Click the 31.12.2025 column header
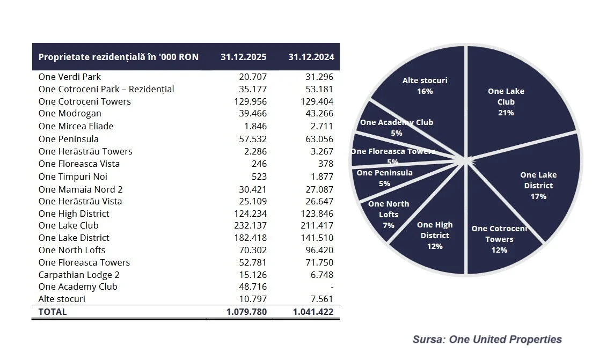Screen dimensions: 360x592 (244, 57)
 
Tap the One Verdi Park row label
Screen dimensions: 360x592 (70, 77)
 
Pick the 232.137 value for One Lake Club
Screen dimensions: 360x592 (250, 225)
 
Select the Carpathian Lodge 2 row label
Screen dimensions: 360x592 (79, 275)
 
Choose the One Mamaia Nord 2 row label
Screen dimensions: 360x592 (81, 189)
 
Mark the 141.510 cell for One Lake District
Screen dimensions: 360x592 (317, 238)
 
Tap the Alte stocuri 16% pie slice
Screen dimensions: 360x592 (425, 86)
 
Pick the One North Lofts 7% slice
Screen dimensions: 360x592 (389, 215)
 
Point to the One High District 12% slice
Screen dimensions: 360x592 (435, 236)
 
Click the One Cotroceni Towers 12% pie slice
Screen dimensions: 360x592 (499, 239)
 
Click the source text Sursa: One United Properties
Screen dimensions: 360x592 (487, 339)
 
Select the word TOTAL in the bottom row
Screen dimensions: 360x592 (53, 312)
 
